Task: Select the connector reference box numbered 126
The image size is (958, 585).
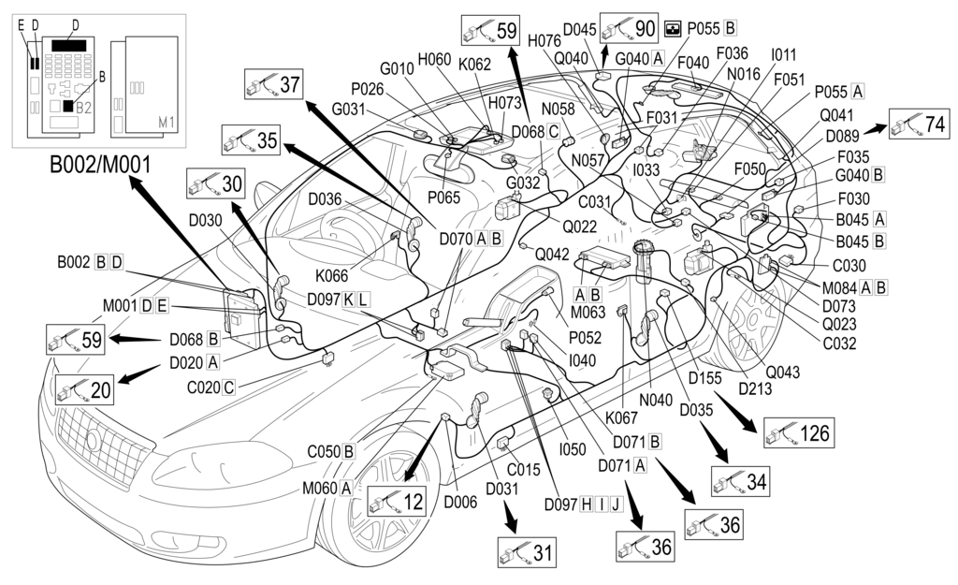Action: click(797, 432)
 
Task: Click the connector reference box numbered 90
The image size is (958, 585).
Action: click(630, 28)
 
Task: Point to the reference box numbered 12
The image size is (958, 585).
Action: click(397, 503)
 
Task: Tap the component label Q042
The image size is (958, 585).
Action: click(551, 253)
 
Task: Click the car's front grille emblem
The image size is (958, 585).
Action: click(94, 439)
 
